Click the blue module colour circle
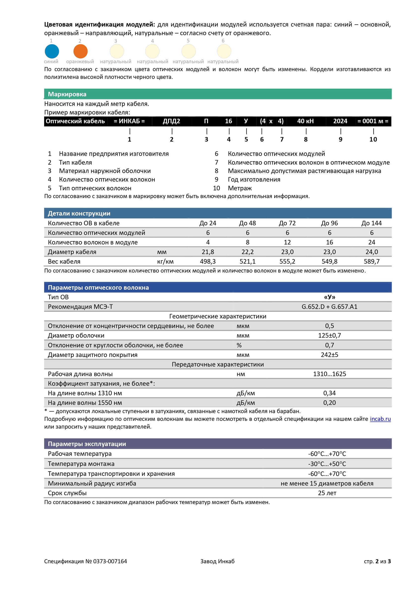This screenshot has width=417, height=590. [x=52, y=51]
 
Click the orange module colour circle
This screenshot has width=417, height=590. [x=80, y=51]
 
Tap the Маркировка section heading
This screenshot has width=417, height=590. [x=67, y=94]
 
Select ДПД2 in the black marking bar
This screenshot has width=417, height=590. [x=171, y=121]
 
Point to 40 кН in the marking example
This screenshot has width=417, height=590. [x=305, y=121]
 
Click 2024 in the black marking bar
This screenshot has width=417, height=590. [x=340, y=121]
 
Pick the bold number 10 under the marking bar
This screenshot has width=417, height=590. [x=373, y=139]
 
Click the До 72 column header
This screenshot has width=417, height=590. [x=287, y=223]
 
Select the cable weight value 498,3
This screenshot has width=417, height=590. [x=208, y=261]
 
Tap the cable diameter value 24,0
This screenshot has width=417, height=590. [x=372, y=252]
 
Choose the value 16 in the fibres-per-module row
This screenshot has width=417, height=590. [x=329, y=242]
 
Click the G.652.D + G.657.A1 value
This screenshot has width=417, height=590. [x=329, y=307]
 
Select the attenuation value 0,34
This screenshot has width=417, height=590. [x=329, y=393]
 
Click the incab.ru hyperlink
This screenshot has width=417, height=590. [x=380, y=419]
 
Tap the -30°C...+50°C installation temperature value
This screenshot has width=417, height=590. [x=327, y=464]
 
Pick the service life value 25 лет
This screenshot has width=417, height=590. [x=327, y=493]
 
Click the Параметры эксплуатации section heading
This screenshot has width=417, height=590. [x=87, y=444]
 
